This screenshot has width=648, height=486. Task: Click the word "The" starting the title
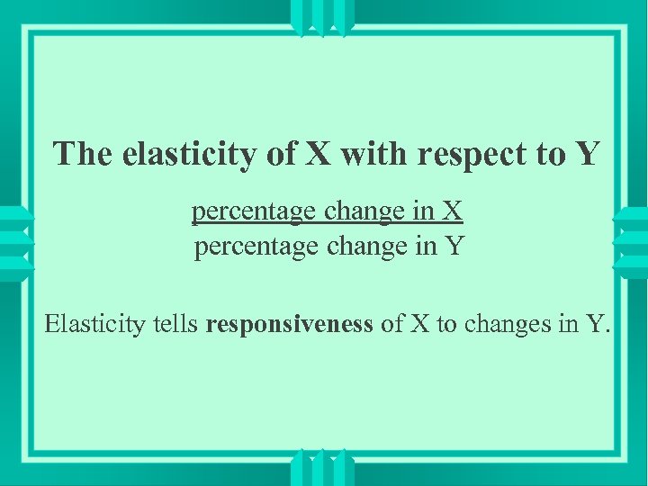(x=84, y=154)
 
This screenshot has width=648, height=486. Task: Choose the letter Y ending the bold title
(x=587, y=154)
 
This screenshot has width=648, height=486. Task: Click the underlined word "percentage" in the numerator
(x=244, y=212)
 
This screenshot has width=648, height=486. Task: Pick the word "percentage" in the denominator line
(x=247, y=247)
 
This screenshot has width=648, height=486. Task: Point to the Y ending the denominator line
(x=454, y=245)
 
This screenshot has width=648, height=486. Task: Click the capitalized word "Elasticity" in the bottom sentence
(x=97, y=323)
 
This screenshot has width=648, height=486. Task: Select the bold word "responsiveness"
(x=289, y=324)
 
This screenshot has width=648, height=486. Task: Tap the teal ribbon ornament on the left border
(x=15, y=244)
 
